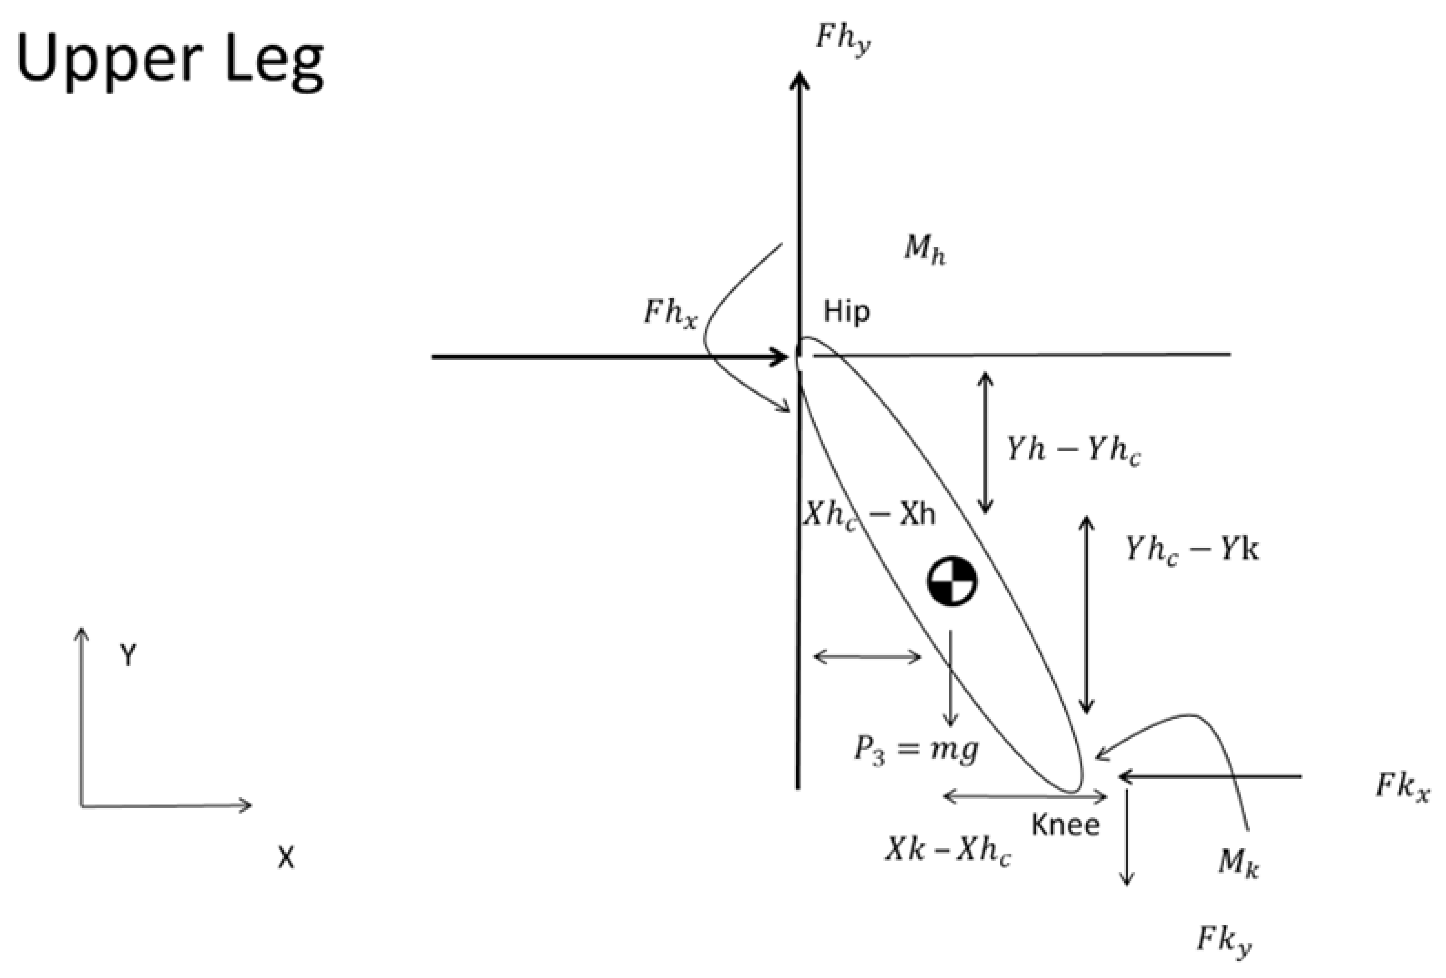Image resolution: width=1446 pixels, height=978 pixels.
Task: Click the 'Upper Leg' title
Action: tap(169, 62)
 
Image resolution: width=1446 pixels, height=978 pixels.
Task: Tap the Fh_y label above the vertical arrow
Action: tap(843, 41)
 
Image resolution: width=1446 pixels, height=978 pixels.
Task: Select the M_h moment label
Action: tap(925, 250)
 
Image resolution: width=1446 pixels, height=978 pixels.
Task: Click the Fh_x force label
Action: tap(670, 313)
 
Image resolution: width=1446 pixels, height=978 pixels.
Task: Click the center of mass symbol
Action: tap(952, 581)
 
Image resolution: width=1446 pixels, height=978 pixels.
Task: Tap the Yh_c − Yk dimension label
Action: tap(1191, 550)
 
